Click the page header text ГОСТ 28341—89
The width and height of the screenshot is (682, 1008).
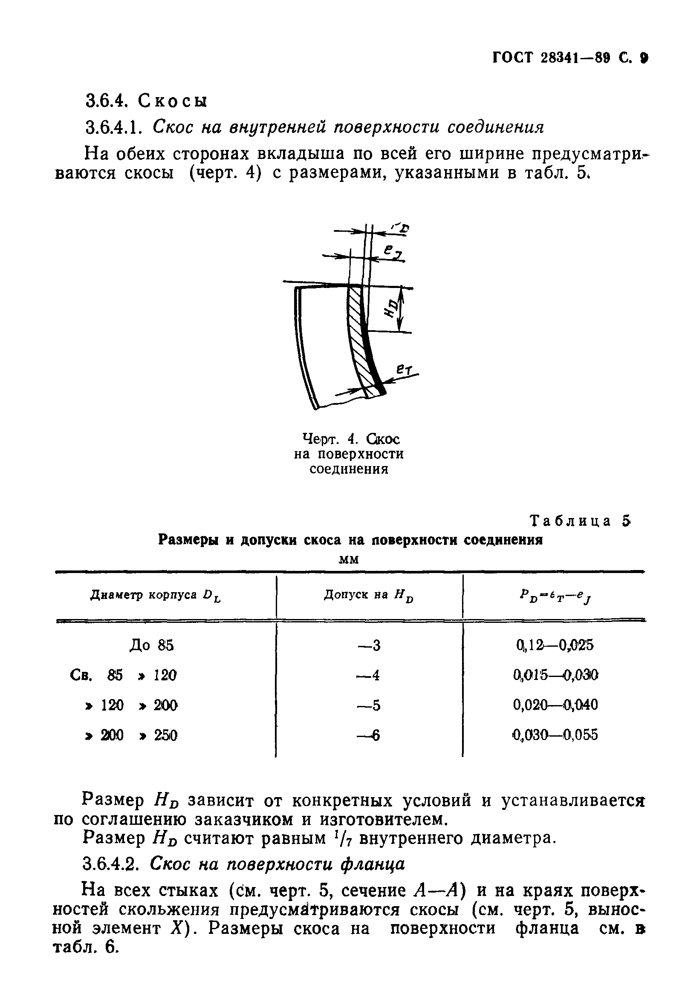pos(550,58)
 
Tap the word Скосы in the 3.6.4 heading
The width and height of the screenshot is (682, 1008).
pos(173,101)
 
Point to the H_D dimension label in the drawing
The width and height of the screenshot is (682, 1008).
pos(391,309)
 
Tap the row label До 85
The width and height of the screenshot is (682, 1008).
pos(151,645)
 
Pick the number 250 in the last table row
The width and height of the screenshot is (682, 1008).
pos(165,736)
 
